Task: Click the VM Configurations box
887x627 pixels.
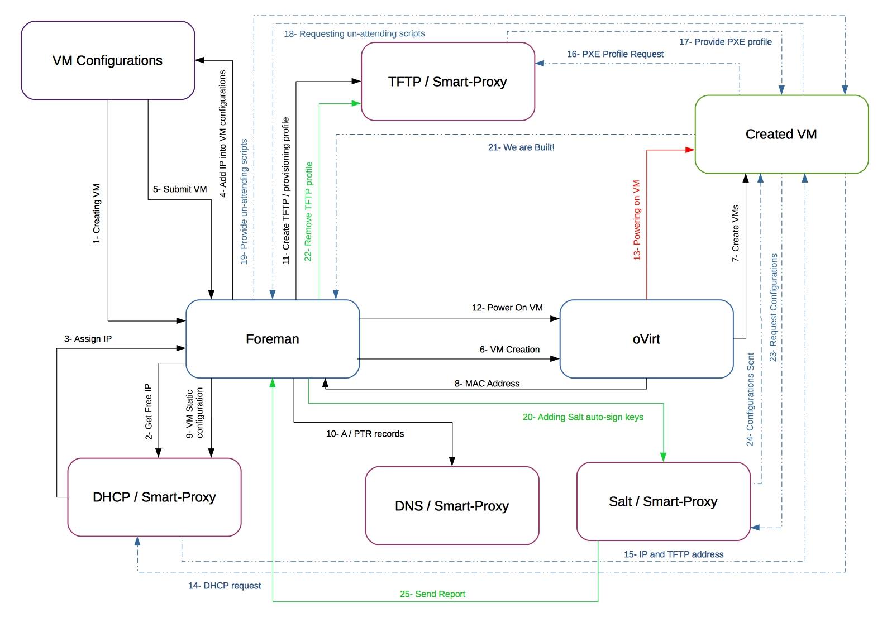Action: pos(108,60)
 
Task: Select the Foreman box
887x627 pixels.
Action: pos(273,339)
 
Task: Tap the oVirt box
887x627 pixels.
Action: pos(646,339)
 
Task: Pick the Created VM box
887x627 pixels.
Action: pos(781,134)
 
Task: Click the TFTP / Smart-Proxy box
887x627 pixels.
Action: pos(447,82)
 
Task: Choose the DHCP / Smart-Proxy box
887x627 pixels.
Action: pos(154,497)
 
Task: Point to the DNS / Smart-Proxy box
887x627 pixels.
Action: pos(452,506)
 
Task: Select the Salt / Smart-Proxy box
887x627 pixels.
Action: pos(663,501)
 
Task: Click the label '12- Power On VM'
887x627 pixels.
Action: pos(507,308)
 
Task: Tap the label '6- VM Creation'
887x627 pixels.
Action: pos(509,350)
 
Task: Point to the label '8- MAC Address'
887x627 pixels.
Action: pos(487,384)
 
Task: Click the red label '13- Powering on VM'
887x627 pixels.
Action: pos(637,220)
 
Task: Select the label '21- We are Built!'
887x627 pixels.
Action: pos(521,147)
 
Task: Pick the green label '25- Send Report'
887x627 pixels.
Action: pos(432,594)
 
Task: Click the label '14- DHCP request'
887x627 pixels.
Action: pos(225,586)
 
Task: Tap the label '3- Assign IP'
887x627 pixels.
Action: pos(88,339)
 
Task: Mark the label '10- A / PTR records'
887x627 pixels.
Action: pos(365,434)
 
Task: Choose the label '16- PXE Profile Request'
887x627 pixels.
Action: pos(615,54)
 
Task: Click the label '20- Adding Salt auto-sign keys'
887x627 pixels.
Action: pos(583,417)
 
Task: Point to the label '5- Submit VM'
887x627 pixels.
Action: pos(180,189)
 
